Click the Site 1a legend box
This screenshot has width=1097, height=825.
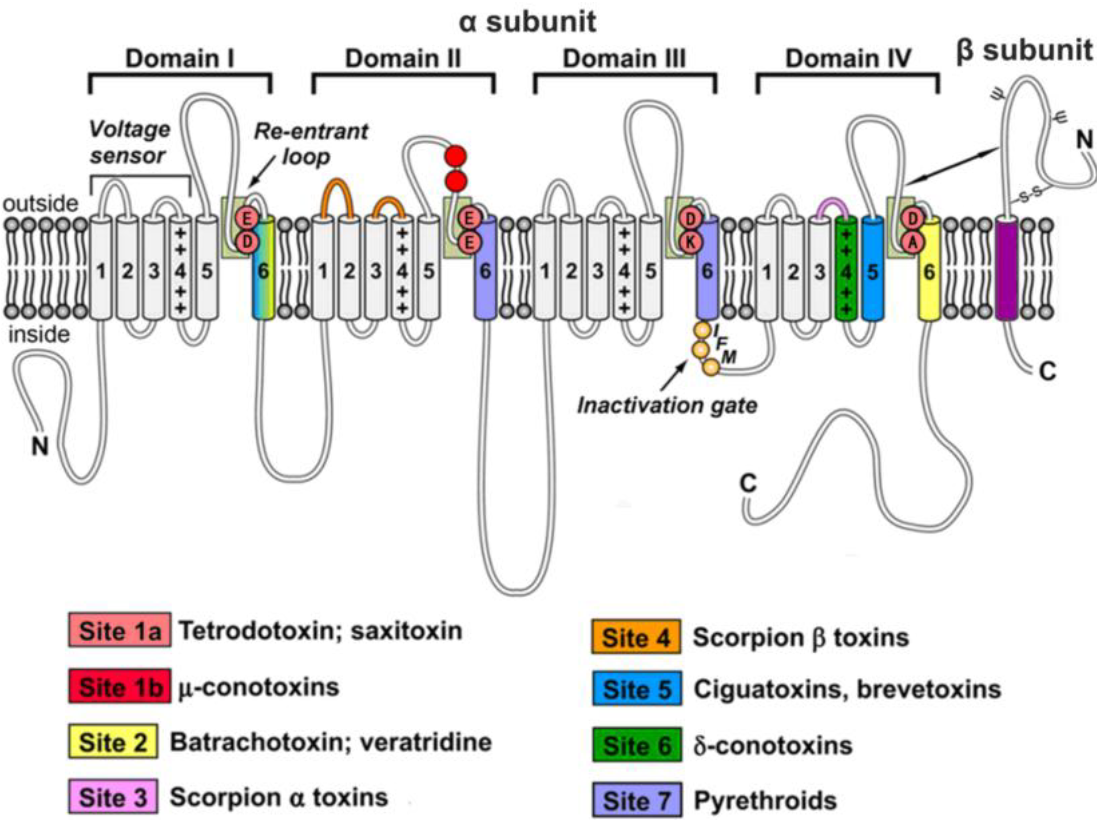[x=119, y=630]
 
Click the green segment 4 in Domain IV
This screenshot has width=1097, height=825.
[x=846, y=268]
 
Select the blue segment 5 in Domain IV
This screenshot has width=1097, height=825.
[x=872, y=268]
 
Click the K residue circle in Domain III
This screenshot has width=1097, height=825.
[x=690, y=242]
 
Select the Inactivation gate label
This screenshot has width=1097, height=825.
[x=667, y=405]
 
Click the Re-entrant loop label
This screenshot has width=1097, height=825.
[x=311, y=144]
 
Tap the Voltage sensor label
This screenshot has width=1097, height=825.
[x=129, y=142]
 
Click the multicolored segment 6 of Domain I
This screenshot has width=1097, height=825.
[x=263, y=268]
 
